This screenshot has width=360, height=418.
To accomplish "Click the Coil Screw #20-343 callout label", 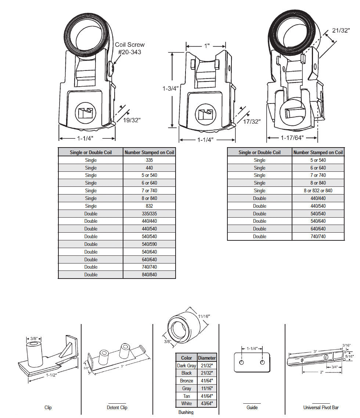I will click(130, 48).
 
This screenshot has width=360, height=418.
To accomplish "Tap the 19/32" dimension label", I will click(132, 120).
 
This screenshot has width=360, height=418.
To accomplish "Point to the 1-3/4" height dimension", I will click(170, 88).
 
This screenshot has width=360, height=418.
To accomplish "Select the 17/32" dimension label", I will click(252, 121).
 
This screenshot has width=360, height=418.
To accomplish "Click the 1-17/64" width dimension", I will click(292, 138).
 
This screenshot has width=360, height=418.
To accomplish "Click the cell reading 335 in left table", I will click(149, 160).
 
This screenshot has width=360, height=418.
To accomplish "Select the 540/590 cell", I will click(149, 244).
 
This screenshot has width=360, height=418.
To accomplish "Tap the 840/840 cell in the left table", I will click(149, 275).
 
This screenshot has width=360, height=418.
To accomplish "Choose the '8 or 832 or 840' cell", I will click(318, 190).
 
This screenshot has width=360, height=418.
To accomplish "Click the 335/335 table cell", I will click(149, 214).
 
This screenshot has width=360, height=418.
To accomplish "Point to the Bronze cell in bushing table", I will click(187, 381).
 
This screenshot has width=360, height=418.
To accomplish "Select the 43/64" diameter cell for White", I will click(207, 404).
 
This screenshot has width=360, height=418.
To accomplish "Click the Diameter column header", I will click(207, 358).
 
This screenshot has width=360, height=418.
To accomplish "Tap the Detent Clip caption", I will click(117, 407).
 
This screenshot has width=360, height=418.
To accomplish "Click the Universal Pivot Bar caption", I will click(321, 407).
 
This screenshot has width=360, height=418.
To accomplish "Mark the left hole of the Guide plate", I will click(241, 363).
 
